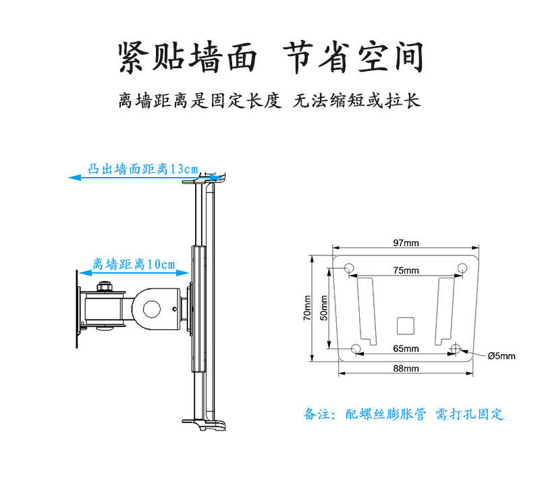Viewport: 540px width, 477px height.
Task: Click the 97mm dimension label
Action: tap(406, 243)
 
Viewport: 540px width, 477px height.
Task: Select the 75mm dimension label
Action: tap(406, 270)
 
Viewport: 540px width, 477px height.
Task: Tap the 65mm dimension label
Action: tap(406, 349)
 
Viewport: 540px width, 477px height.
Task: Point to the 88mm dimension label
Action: tap(406, 368)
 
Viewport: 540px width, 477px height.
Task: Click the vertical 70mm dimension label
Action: tap(308, 308)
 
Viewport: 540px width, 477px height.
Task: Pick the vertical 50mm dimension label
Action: tap(323, 308)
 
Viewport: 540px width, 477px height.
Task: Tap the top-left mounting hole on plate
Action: tap(349, 269)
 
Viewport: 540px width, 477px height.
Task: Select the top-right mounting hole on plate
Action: tap(462, 269)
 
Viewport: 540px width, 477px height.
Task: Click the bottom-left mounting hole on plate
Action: tap(357, 349)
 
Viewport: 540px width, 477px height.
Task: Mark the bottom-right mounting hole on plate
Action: tap(456, 349)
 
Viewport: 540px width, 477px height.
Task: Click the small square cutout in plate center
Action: tap(405, 325)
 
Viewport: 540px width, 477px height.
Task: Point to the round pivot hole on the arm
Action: tap(151, 308)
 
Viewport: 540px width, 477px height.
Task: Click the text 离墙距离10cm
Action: tap(134, 263)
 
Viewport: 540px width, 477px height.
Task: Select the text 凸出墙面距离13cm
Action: tap(143, 169)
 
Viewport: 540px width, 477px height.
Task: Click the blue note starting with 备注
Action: tap(403, 414)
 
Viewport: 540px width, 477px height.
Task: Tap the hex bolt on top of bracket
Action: tap(104, 286)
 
